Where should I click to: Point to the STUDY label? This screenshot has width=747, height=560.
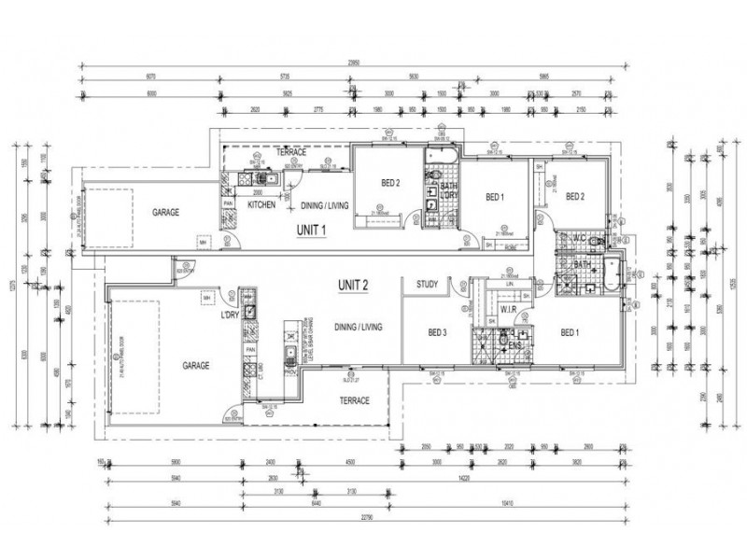[x=428, y=284]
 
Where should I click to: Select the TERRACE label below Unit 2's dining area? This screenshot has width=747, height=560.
[x=354, y=400]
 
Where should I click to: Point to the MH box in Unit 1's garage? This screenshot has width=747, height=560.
[x=202, y=245]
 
